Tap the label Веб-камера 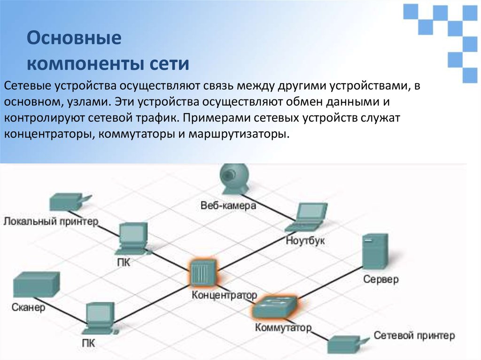pos(228,206)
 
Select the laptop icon pos(308,217)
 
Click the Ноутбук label pos(305,241)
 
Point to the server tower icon pos(375,252)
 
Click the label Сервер pos(380,279)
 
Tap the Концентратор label pos(225,295)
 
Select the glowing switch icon pos(274,306)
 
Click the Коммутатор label pos(283,327)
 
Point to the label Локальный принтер pos(51,221)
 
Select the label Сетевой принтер pos(414,336)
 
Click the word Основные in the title pos(74,38)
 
